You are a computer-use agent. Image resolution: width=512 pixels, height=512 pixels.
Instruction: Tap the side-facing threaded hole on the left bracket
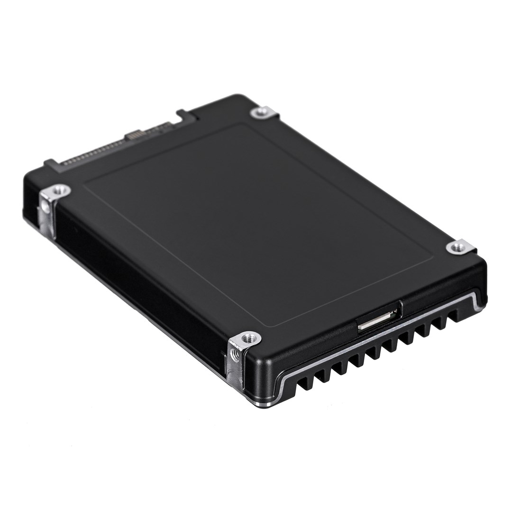coord(45,207)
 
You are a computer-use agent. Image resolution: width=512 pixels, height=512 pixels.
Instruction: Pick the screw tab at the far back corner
coord(261,112)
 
